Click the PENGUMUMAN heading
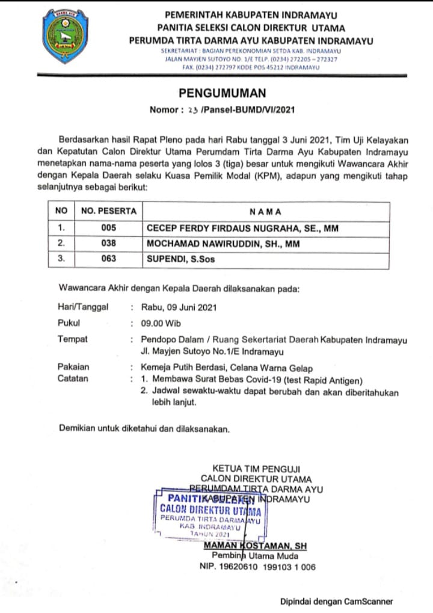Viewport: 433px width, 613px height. coord(222,93)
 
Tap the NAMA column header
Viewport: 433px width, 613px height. coord(265,212)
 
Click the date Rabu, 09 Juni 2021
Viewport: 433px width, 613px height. coord(179,307)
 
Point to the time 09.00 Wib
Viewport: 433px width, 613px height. coord(161,323)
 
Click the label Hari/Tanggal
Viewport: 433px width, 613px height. coord(83,307)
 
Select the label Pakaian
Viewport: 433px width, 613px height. coord(73,366)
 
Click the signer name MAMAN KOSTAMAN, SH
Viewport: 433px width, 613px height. coord(256,546)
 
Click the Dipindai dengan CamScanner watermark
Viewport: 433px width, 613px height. coord(336,601)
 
